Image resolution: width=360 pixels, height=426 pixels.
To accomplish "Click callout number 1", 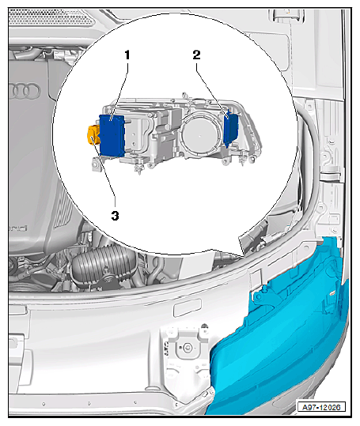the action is (127, 55).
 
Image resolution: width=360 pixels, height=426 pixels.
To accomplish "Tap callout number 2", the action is (196, 55).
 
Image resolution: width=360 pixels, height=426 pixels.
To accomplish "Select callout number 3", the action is (115, 216).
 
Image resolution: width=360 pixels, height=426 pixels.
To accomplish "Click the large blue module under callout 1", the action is (112, 135).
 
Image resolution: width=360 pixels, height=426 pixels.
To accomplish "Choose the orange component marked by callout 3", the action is (93, 134).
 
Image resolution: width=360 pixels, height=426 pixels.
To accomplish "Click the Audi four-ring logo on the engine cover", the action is (25, 90).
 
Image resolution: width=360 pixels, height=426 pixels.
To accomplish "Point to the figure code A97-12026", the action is (321, 407).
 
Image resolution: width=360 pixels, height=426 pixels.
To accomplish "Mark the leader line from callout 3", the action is (104, 174).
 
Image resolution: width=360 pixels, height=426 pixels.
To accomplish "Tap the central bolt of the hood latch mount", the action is (187, 347).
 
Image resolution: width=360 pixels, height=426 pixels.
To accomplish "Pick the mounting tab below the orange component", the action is (96, 165).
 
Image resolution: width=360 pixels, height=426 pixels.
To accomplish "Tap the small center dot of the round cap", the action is (199, 135).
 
